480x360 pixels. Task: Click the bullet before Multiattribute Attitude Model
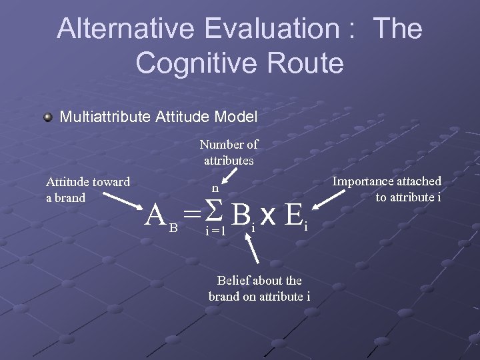pyautogui.click(x=47, y=117)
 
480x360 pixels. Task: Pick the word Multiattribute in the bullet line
pyautogui.click(x=105, y=117)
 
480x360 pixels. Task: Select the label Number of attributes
pyautogui.click(x=229, y=152)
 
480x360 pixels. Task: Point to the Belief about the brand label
pyautogui.click(x=259, y=288)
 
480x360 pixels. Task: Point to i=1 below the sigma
pyautogui.click(x=215, y=231)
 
